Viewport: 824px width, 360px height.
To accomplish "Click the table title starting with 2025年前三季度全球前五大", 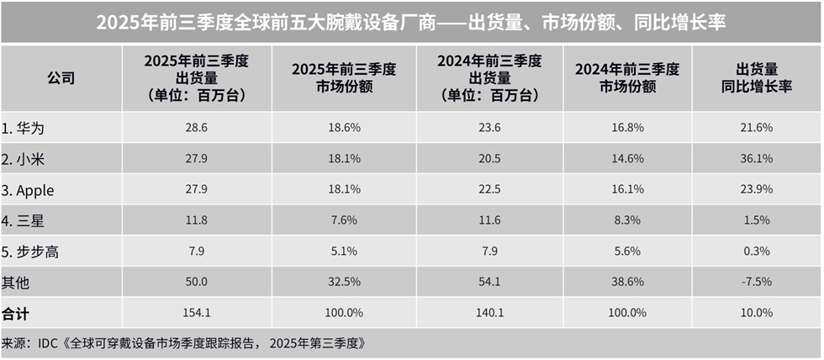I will (x=411, y=23).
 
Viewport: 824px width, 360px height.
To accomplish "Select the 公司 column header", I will (x=61, y=78).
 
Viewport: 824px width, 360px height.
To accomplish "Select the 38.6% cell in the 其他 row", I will (x=628, y=282).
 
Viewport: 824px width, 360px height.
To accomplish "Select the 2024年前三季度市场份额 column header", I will (x=628, y=78).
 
